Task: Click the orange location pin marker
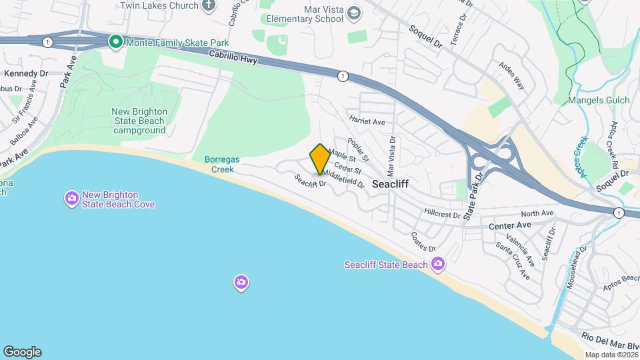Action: point(320,159)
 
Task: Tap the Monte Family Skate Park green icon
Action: point(115,42)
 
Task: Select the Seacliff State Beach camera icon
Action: point(438,265)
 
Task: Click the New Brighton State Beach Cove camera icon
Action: point(71,199)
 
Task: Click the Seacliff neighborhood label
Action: point(390,183)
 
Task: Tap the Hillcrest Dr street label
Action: point(442,215)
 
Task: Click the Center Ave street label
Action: point(510,225)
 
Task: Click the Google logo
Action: point(22,352)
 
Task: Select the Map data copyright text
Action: point(610,355)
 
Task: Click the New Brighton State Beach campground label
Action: point(139,121)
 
